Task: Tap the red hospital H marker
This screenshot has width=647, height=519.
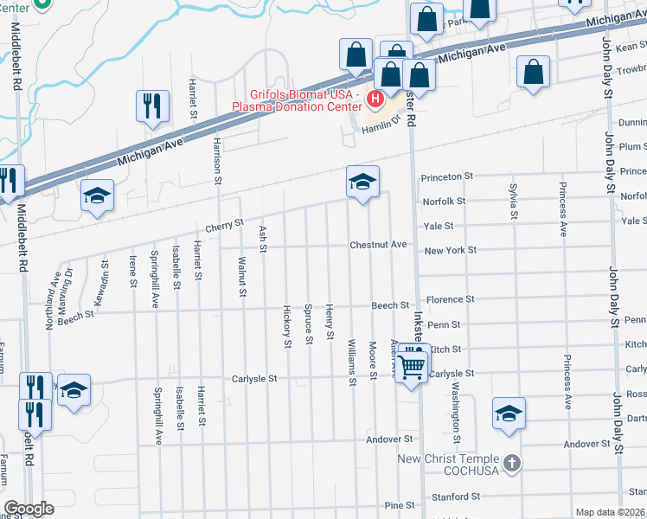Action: (x=375, y=99)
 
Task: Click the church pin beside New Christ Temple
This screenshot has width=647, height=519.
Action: (x=513, y=462)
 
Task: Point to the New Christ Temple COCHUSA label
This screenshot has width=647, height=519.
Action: (x=449, y=465)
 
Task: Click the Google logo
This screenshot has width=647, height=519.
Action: (x=29, y=509)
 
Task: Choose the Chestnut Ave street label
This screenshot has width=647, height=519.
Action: (x=378, y=245)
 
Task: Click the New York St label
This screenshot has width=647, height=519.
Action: (x=450, y=250)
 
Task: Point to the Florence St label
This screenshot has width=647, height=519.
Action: (x=449, y=299)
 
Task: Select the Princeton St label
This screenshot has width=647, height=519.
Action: (x=446, y=176)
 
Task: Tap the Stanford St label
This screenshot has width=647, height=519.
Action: (x=456, y=497)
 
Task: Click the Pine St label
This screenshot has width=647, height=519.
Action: (x=400, y=505)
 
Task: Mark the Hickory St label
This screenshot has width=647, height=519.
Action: (x=288, y=326)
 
